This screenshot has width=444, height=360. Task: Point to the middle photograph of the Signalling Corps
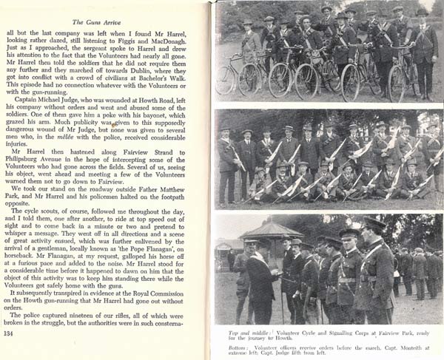329,159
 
